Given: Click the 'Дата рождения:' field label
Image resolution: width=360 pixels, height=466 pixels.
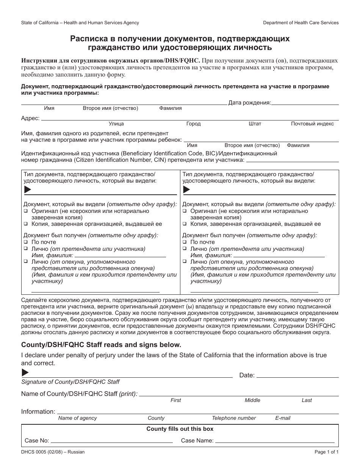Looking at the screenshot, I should (x=249, y=102).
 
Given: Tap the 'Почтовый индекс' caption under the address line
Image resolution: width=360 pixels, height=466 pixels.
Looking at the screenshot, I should (x=312, y=124).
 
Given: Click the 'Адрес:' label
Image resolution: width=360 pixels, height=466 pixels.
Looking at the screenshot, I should (x=30, y=118).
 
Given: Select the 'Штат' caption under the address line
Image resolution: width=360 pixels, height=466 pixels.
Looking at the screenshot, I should (x=255, y=124).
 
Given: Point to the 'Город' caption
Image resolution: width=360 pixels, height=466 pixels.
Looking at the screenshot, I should (x=193, y=124).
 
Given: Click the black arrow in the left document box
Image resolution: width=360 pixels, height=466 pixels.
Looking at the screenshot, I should (x=28, y=189).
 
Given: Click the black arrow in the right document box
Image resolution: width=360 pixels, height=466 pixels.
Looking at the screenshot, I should (x=186, y=189).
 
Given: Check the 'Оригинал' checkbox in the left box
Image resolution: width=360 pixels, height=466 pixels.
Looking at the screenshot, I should (x=26, y=211).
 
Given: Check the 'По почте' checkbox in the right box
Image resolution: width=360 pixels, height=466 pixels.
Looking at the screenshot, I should (x=185, y=242).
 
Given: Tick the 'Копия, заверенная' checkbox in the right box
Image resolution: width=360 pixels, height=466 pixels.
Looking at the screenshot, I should (x=185, y=224).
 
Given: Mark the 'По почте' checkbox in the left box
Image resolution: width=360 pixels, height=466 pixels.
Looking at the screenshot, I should (x=26, y=242).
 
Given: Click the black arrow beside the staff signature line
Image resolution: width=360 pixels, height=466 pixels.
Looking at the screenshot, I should (x=25, y=372).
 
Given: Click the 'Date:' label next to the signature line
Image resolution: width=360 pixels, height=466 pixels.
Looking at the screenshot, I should (x=247, y=375).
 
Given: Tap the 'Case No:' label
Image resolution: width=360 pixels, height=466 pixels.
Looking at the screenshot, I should (x=37, y=441).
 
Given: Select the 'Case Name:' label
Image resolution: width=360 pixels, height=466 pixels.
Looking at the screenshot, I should (x=197, y=441).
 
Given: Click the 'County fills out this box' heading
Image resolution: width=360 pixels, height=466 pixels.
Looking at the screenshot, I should (x=180, y=429).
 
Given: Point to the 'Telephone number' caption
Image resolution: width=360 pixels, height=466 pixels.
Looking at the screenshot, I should (x=234, y=418).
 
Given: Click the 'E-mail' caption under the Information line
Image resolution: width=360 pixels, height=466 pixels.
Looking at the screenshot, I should (x=283, y=418).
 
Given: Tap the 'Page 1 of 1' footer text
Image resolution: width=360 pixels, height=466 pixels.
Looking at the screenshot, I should (x=326, y=452).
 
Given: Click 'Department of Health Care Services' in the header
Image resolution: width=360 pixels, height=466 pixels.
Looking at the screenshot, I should (x=301, y=23).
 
